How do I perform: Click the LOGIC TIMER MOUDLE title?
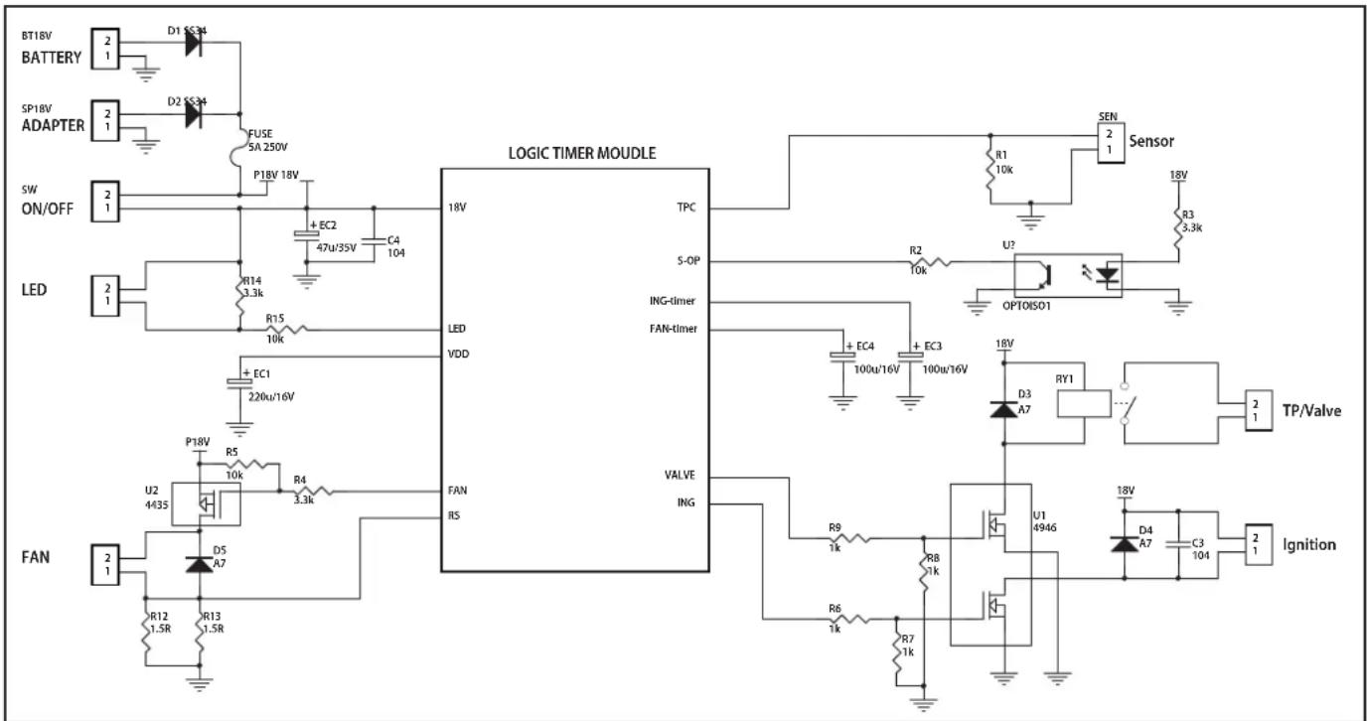click(581, 153)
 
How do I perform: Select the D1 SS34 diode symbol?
click(194, 43)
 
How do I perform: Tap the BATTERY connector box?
click(105, 49)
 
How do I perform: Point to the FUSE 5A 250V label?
click(267, 140)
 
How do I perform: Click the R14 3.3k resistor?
click(239, 296)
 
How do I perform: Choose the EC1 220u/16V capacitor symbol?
click(239, 382)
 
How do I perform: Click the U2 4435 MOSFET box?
click(206, 504)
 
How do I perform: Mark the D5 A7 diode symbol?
click(200, 565)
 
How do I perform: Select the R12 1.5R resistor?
click(146, 632)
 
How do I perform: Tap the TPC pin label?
click(685, 208)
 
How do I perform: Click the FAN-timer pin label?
click(674, 329)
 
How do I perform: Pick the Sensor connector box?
click(1111, 143)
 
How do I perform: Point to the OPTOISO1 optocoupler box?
click(1068, 276)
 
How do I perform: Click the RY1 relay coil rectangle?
click(1084, 404)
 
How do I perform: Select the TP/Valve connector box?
click(1259, 410)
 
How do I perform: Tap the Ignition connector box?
click(1259, 544)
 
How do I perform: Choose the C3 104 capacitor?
click(1178, 544)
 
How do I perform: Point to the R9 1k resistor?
click(849, 538)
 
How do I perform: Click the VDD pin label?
click(458, 354)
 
